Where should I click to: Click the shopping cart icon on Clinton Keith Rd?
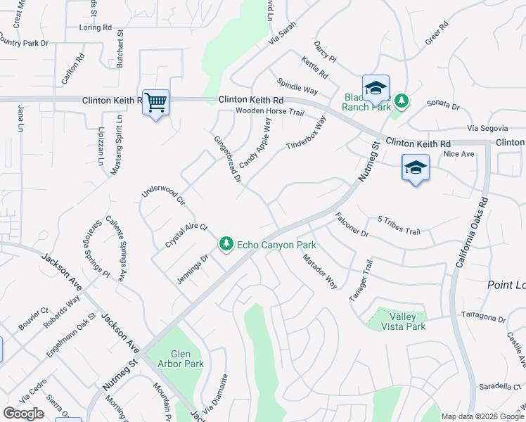[155, 103]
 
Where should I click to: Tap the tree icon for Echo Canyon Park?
[226, 244]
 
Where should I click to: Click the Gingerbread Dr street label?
[227, 158]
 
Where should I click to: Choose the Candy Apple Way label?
[255, 143]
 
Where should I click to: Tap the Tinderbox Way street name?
[307, 133]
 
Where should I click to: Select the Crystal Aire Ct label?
[186, 235]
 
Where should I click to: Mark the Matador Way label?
[320, 271]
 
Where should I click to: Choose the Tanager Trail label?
[360, 281]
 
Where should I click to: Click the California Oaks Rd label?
[470, 232]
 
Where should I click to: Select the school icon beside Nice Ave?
[415, 168]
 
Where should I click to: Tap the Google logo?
[24, 414]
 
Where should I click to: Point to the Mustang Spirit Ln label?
[117, 147]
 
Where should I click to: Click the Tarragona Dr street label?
[483, 316]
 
